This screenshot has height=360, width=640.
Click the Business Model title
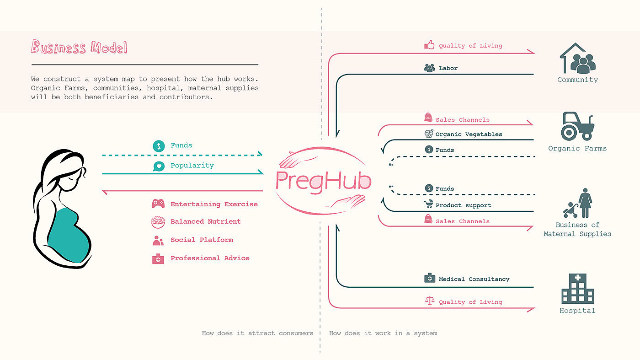[79, 47]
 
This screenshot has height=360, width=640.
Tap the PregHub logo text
[324, 181]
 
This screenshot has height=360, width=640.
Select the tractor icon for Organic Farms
[578, 126]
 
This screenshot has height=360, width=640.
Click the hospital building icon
[578, 289]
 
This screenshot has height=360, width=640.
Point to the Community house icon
[578, 59]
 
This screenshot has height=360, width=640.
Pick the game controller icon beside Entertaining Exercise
[158, 204]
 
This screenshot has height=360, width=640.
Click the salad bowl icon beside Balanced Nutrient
[158, 222]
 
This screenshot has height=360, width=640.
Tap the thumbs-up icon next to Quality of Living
[429, 45]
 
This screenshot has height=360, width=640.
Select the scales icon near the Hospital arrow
[430, 301]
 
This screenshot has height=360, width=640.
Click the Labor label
[448, 68]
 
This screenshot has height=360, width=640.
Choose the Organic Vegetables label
[469, 134]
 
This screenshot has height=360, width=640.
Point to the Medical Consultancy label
[474, 279]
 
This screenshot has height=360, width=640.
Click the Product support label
[463, 205]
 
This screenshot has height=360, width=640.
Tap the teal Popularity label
[192, 166]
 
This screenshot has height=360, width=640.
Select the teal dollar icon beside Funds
[159, 146]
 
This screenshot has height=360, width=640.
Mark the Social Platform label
[202, 240]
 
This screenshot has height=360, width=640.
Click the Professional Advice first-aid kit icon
[158, 259]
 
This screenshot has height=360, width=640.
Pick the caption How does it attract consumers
[257, 333]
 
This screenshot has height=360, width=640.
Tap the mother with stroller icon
[578, 203]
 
